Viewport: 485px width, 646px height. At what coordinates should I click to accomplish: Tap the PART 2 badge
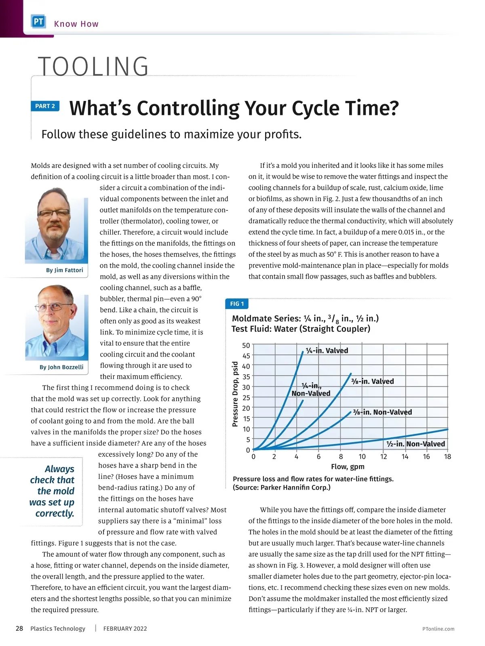pyautogui.click(x=45, y=106)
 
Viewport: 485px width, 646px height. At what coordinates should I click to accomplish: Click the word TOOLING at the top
pyautogui.click(x=93, y=67)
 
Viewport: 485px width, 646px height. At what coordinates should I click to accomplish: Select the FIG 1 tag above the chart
pyautogui.click(x=237, y=304)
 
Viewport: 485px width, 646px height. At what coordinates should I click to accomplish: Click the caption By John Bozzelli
pyautogui.click(x=61, y=367)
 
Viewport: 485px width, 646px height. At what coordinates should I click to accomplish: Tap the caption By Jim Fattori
pyautogui.click(x=64, y=270)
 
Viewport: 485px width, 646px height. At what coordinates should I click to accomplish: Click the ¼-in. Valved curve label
pyautogui.click(x=327, y=350)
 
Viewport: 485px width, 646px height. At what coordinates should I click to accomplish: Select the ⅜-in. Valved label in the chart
pyautogui.click(x=372, y=381)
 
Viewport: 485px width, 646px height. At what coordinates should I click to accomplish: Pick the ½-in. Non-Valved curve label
pyautogui.click(x=415, y=444)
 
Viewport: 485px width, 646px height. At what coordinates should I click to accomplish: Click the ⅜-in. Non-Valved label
pyautogui.click(x=382, y=412)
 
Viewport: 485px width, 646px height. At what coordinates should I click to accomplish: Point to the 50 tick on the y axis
pyautogui.click(x=246, y=345)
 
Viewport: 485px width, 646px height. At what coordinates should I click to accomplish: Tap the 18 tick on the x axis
pyautogui.click(x=447, y=457)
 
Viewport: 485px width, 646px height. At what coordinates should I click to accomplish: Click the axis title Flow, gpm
pyautogui.click(x=348, y=467)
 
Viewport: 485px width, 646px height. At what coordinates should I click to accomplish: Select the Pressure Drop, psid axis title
pyautogui.click(x=235, y=394)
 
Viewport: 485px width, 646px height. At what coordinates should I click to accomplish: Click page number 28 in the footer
pyautogui.click(x=19, y=628)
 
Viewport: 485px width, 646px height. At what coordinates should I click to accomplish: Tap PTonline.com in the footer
pyautogui.click(x=438, y=629)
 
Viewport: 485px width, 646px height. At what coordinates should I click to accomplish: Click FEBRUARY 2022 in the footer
pyautogui.click(x=125, y=629)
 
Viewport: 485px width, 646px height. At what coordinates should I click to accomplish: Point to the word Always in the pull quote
pyautogui.click(x=59, y=469)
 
